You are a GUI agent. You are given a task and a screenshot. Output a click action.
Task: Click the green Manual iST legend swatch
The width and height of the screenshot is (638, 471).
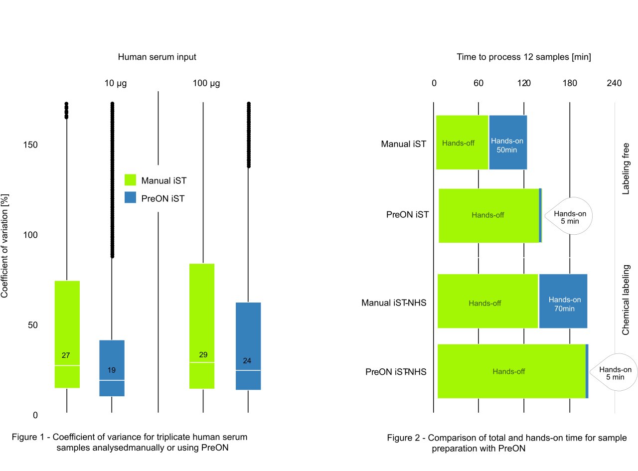pyautogui.click(x=130, y=180)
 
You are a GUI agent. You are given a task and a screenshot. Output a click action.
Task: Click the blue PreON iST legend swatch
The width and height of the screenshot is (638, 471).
pyautogui.click(x=130, y=198)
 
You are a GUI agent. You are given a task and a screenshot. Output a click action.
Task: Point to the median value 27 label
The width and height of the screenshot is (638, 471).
pyautogui.click(x=66, y=355)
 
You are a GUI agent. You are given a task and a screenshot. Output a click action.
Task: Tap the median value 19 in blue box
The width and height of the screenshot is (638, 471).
pyautogui.click(x=112, y=370)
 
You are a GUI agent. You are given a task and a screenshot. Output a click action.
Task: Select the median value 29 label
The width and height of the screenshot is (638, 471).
pyautogui.click(x=203, y=355)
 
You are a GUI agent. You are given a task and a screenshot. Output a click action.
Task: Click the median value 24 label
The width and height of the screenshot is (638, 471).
pyautogui.click(x=248, y=360)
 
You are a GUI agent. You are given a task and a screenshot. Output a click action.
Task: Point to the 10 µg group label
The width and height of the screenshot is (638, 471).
pyautogui.click(x=116, y=83)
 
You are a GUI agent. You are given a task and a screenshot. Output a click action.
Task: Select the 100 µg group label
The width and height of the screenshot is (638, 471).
pyautogui.click(x=206, y=83)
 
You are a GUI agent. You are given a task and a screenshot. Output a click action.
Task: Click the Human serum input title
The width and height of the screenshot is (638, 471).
pyautogui.click(x=157, y=57)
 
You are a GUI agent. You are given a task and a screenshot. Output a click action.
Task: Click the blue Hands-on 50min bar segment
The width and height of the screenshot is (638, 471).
pyautogui.click(x=507, y=143)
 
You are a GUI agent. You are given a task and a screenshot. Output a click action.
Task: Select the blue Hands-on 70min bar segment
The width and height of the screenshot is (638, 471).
pyautogui.click(x=563, y=301)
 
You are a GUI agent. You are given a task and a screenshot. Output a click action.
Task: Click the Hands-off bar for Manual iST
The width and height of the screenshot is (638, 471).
pyautogui.click(x=462, y=143)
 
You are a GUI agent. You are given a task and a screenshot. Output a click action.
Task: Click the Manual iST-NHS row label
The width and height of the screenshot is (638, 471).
pyautogui.click(x=394, y=303)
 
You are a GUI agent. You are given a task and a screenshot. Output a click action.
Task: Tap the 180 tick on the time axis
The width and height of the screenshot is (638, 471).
pyautogui.click(x=570, y=83)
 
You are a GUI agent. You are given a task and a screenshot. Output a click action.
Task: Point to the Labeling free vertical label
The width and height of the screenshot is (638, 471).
pyautogui.click(x=626, y=168)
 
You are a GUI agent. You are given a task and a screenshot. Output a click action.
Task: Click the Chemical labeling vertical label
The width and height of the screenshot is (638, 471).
pyautogui.click(x=626, y=300)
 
